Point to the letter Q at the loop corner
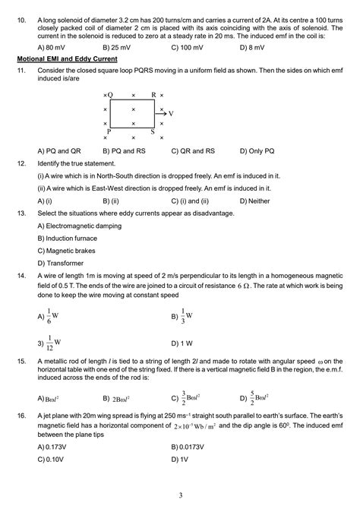tap(110, 95)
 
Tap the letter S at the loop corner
tap(153, 131)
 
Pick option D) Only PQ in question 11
tap(257, 150)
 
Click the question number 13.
tap(21, 213)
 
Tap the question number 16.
tap(21, 416)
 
